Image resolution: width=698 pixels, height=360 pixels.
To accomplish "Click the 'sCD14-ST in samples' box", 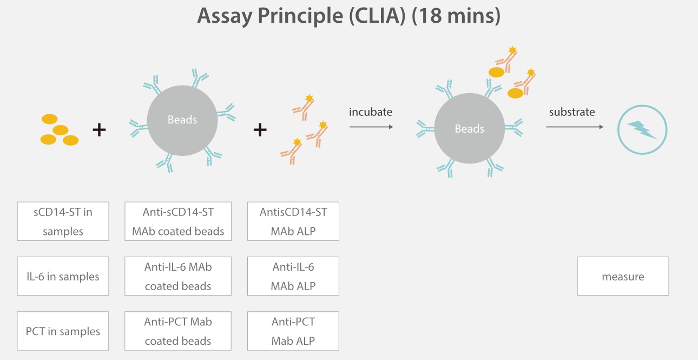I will [63, 221].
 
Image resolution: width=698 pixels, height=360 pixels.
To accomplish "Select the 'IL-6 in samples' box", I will [63, 276].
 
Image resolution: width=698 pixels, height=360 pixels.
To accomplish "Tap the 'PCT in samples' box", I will [63, 331].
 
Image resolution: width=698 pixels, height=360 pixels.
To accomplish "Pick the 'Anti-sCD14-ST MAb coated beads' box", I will [178, 221].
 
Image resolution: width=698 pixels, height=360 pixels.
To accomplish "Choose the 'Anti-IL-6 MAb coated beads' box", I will [178, 276].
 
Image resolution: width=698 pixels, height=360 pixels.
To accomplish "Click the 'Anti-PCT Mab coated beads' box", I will [178, 331].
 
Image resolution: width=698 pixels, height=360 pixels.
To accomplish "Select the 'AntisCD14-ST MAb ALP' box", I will [293, 221].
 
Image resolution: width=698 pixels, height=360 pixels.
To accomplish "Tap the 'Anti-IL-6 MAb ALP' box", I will [293, 276].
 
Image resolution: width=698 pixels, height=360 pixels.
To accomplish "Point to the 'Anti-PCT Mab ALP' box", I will [293, 331].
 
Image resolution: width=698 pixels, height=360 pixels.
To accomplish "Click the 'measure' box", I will [623, 276].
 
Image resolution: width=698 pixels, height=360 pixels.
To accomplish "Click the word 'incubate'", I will [371, 112].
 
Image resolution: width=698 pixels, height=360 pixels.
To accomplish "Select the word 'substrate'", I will [572, 112].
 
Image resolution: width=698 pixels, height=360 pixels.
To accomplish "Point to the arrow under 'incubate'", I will [371, 127].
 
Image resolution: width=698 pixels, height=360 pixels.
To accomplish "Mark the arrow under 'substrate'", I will [574, 127].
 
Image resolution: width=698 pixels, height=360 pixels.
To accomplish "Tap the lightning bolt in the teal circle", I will [642, 130].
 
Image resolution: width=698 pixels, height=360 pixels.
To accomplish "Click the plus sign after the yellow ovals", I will [99, 130].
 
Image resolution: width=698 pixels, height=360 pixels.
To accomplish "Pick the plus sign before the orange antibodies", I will [260, 130].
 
